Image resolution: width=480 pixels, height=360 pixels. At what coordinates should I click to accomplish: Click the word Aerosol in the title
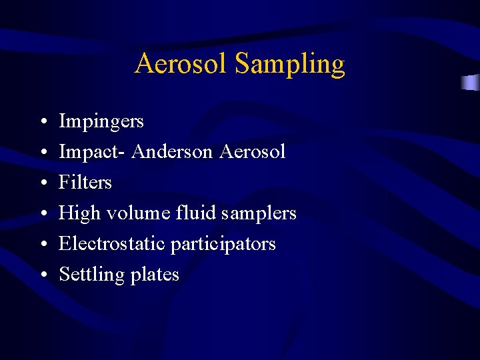tap(181, 64)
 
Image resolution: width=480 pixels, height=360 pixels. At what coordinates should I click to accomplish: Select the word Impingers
tap(101, 122)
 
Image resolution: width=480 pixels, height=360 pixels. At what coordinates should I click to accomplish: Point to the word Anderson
tap(173, 152)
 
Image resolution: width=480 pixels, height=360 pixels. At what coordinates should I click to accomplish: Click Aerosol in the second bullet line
tap(253, 152)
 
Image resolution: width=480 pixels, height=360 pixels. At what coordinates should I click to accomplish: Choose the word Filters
tap(85, 183)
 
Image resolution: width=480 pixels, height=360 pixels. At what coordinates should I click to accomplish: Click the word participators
tap(223, 245)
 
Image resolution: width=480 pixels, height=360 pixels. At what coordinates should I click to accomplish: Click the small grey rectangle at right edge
tap(471, 83)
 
